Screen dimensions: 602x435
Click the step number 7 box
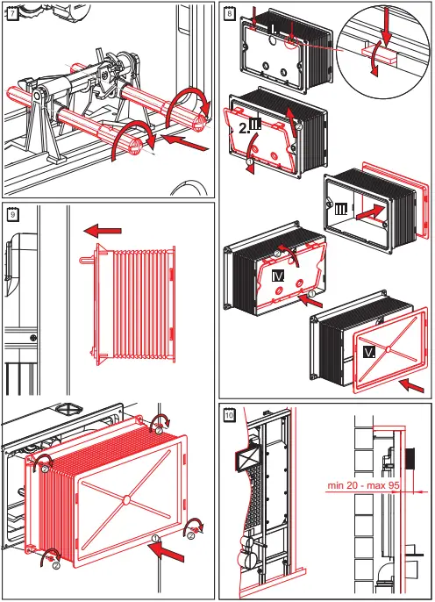click(11, 14)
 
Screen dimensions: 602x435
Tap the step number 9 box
click(11, 214)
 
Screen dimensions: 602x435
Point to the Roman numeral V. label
click(370, 352)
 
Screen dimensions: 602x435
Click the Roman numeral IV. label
click(277, 276)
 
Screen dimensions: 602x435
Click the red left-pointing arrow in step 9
click(103, 230)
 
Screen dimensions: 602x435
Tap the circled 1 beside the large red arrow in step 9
click(154, 537)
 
